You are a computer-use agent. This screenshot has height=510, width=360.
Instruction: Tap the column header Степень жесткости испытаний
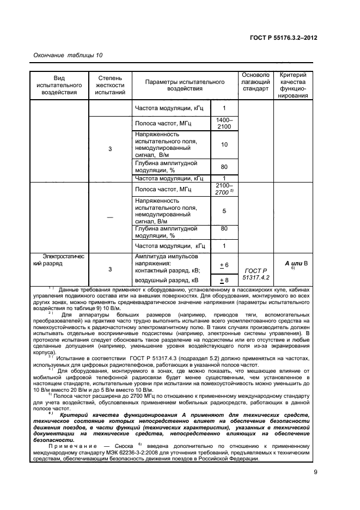(x=110, y=86)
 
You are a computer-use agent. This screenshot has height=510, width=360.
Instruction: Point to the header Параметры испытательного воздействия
(x=185, y=86)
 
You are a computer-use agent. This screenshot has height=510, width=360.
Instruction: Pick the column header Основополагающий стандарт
(x=255, y=82)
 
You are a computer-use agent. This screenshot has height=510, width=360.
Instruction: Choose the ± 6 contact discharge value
(x=223, y=265)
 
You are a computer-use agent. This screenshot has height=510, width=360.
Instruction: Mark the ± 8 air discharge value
(x=223, y=280)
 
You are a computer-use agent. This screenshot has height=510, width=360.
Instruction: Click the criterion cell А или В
(x=296, y=263)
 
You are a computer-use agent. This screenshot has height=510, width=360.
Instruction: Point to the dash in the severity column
(x=110, y=217)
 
